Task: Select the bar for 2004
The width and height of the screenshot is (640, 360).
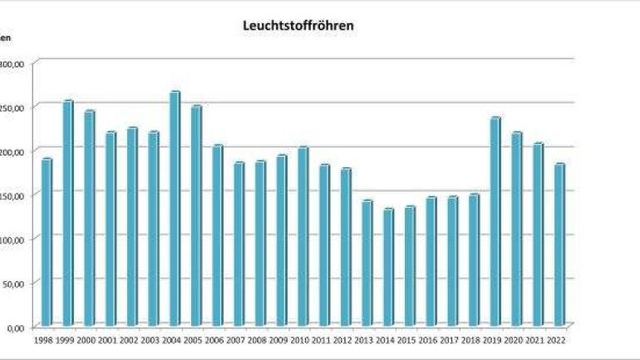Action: (x=175, y=208)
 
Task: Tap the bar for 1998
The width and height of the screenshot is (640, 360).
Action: (x=47, y=241)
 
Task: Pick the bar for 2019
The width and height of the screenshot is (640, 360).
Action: (x=495, y=221)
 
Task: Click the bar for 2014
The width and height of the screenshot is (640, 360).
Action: (x=388, y=267)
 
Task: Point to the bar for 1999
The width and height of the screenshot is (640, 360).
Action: (x=68, y=213)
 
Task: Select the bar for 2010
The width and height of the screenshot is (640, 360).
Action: (x=303, y=236)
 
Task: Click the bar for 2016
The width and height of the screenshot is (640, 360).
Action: (x=431, y=261)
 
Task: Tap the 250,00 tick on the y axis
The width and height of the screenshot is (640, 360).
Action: (x=17, y=107)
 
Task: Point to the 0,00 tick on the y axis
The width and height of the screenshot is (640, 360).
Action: (x=19, y=328)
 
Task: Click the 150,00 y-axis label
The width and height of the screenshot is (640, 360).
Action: (x=17, y=195)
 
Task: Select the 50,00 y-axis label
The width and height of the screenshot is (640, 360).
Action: (x=18, y=284)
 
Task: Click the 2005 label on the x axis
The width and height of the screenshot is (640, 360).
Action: (x=193, y=339)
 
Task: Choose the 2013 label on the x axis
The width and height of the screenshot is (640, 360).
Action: (x=364, y=339)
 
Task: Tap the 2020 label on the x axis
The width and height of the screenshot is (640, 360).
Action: (x=514, y=339)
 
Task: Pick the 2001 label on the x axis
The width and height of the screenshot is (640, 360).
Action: (x=107, y=339)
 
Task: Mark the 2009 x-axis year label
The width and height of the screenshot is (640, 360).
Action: (x=278, y=339)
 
